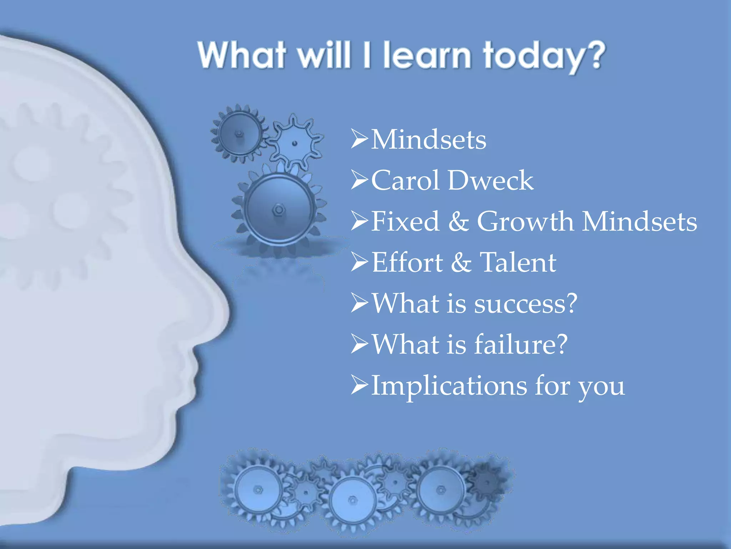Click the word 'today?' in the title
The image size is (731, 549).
(x=544, y=56)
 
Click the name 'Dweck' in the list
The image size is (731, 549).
(x=490, y=180)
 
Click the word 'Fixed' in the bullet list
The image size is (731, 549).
(x=405, y=221)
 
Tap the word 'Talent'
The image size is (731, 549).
(x=518, y=262)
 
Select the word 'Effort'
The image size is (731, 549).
(x=407, y=262)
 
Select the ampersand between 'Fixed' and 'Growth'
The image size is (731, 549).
(x=458, y=221)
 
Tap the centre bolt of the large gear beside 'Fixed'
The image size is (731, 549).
(x=278, y=209)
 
